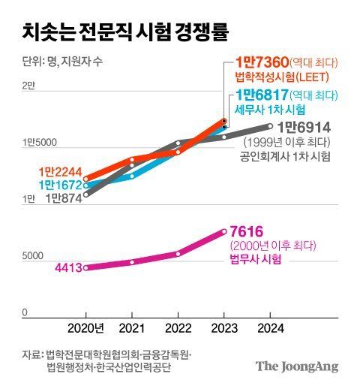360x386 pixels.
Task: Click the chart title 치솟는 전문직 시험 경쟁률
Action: [x=125, y=32]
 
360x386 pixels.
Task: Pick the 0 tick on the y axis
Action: [x=24, y=312]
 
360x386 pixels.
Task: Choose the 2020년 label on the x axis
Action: [x=86, y=328]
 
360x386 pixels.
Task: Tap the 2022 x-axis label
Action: [x=178, y=328]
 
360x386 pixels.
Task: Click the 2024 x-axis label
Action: [x=269, y=328]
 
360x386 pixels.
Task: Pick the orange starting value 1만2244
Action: [x=58, y=171]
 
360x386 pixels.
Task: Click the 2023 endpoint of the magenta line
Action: [x=223, y=231]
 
